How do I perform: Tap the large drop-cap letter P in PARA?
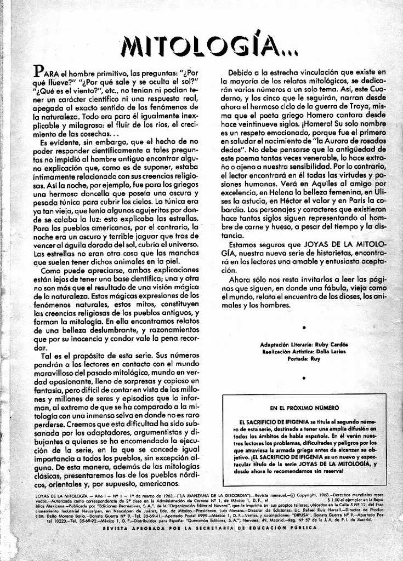point(38,71)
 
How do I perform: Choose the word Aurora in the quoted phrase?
point(341,141)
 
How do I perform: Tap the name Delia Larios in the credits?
point(330,351)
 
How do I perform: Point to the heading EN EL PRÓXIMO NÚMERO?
point(304,408)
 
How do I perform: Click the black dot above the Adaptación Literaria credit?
point(304,327)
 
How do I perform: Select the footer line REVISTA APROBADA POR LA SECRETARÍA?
point(209,528)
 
